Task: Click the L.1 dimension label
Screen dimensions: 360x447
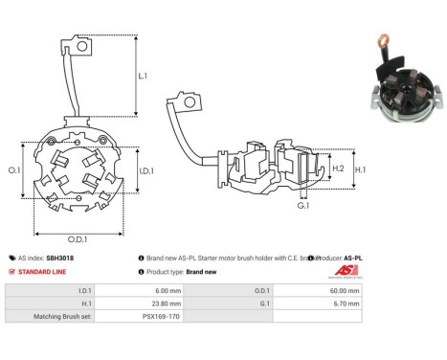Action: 142,75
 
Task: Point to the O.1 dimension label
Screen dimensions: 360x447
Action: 12,169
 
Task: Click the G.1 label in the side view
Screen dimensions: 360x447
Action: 302,207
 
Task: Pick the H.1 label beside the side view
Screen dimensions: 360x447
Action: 361,169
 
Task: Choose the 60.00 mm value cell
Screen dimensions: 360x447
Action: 345,288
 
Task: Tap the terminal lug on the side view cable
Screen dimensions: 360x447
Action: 177,100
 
